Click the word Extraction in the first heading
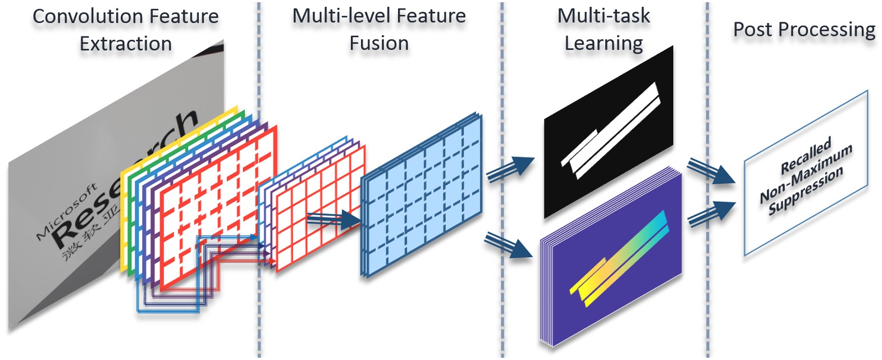coord(126,44)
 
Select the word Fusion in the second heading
coord(379,43)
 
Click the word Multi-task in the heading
coord(604,16)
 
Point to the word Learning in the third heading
coord(604,43)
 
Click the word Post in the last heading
coord(753,29)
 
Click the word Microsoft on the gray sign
coord(66,211)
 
